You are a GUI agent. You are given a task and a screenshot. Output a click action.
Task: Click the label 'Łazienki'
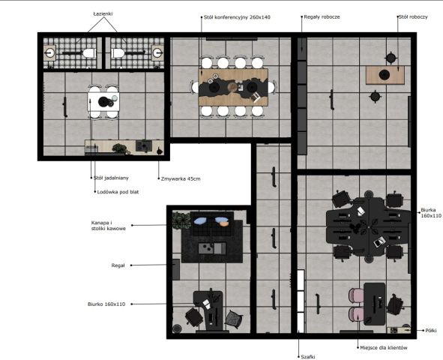[103, 13]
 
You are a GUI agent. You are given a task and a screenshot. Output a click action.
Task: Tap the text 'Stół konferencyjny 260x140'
[237, 17]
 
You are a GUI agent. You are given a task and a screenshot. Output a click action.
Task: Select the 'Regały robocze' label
[322, 17]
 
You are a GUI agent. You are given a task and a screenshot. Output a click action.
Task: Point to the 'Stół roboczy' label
[413, 17]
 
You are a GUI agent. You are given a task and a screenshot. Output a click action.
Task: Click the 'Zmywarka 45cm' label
[181, 178]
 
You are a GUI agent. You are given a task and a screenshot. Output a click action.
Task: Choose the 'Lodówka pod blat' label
[118, 192]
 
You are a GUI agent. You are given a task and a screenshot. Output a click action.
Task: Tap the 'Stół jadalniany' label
[111, 178]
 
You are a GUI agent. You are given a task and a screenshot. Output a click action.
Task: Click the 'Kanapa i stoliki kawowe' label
[109, 226]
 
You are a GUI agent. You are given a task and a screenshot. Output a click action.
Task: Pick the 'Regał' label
[118, 265]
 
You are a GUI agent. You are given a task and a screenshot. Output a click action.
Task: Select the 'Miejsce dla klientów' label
[384, 347]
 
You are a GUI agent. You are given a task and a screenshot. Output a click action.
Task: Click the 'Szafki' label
[308, 357]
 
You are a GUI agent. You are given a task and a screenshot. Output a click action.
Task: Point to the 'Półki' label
[431, 330]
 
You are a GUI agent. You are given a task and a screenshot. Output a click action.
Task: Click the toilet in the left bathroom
[89, 52]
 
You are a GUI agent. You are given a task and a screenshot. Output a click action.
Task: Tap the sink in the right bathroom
[157, 52]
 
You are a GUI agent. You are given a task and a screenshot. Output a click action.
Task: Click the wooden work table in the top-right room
[385, 75]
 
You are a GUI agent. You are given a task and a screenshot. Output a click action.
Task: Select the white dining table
[103, 102]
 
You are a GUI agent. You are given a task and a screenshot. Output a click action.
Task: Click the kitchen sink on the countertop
[144, 145]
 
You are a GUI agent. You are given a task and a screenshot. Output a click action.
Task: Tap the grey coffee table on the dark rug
[212, 248]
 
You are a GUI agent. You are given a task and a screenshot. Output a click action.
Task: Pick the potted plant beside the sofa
[182, 220]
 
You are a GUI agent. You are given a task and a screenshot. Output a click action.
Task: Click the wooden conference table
[233, 87]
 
